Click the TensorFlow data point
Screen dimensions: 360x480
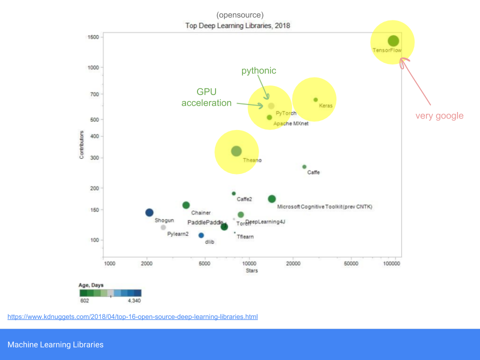(393, 41)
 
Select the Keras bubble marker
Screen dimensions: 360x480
(315, 99)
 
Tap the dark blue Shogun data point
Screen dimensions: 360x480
(149, 212)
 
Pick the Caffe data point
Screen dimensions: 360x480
(304, 167)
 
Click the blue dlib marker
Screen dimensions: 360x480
(201, 235)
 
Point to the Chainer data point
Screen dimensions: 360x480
(186, 205)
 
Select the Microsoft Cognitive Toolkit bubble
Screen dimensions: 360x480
(272, 199)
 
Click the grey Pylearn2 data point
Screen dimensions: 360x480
(163, 227)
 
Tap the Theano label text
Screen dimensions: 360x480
(252, 160)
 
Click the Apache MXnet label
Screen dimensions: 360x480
(290, 123)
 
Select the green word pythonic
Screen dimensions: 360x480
(258, 71)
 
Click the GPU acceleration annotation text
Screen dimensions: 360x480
(206, 97)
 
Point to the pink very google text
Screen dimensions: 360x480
(439, 116)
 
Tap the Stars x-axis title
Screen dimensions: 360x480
(251, 271)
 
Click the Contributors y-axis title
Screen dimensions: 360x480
(81, 145)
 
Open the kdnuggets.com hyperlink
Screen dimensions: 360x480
(132, 317)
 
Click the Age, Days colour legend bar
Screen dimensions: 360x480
(110, 293)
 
